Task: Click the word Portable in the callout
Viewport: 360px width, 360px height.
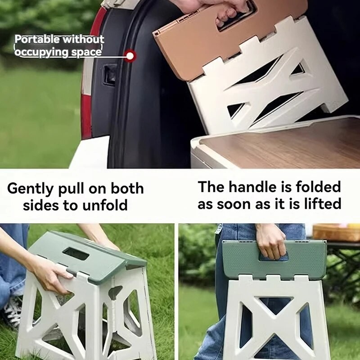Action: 37,40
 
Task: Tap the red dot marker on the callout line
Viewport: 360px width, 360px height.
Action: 130,56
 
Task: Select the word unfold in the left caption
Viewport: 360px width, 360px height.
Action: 105,206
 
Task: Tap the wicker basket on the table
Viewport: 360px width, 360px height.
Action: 336,232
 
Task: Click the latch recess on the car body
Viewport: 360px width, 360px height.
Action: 109,74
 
